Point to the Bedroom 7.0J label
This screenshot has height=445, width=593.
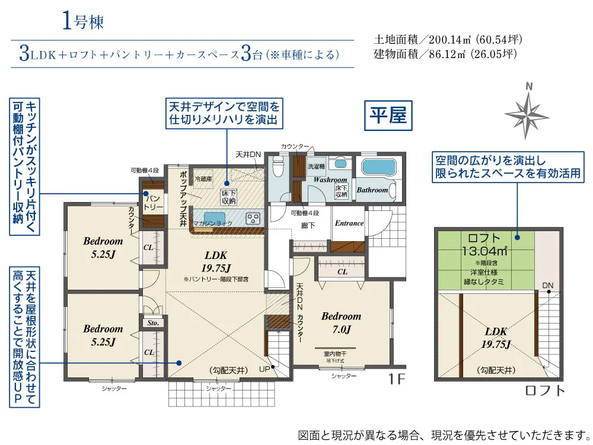click(x=341, y=323)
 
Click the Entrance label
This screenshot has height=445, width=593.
click(x=349, y=223)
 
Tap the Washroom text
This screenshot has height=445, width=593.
click(x=330, y=180)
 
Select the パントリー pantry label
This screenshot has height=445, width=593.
click(x=153, y=202)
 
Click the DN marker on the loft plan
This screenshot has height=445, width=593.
click(x=547, y=286)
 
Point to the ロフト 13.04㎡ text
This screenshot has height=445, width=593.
click(x=485, y=245)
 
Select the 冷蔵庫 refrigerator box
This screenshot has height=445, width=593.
click(x=203, y=178)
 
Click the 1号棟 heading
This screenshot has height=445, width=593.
click(x=82, y=22)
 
